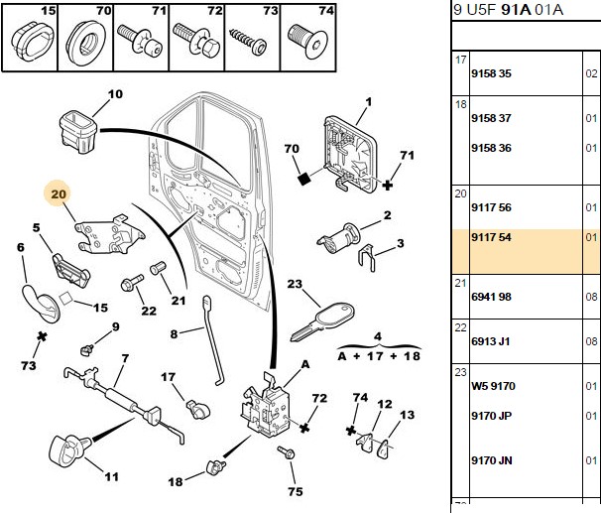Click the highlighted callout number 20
click(59, 194)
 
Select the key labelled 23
click(322, 321)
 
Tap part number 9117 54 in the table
click(491, 237)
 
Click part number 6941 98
click(491, 297)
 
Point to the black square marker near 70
click(304, 179)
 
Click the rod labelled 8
click(212, 340)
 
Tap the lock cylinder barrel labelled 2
click(338, 238)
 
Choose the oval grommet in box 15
click(31, 41)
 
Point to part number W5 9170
click(493, 386)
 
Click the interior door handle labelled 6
click(41, 304)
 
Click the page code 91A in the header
click(516, 9)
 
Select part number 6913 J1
click(491, 341)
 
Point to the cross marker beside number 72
click(304, 428)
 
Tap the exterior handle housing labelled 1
click(349, 154)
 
